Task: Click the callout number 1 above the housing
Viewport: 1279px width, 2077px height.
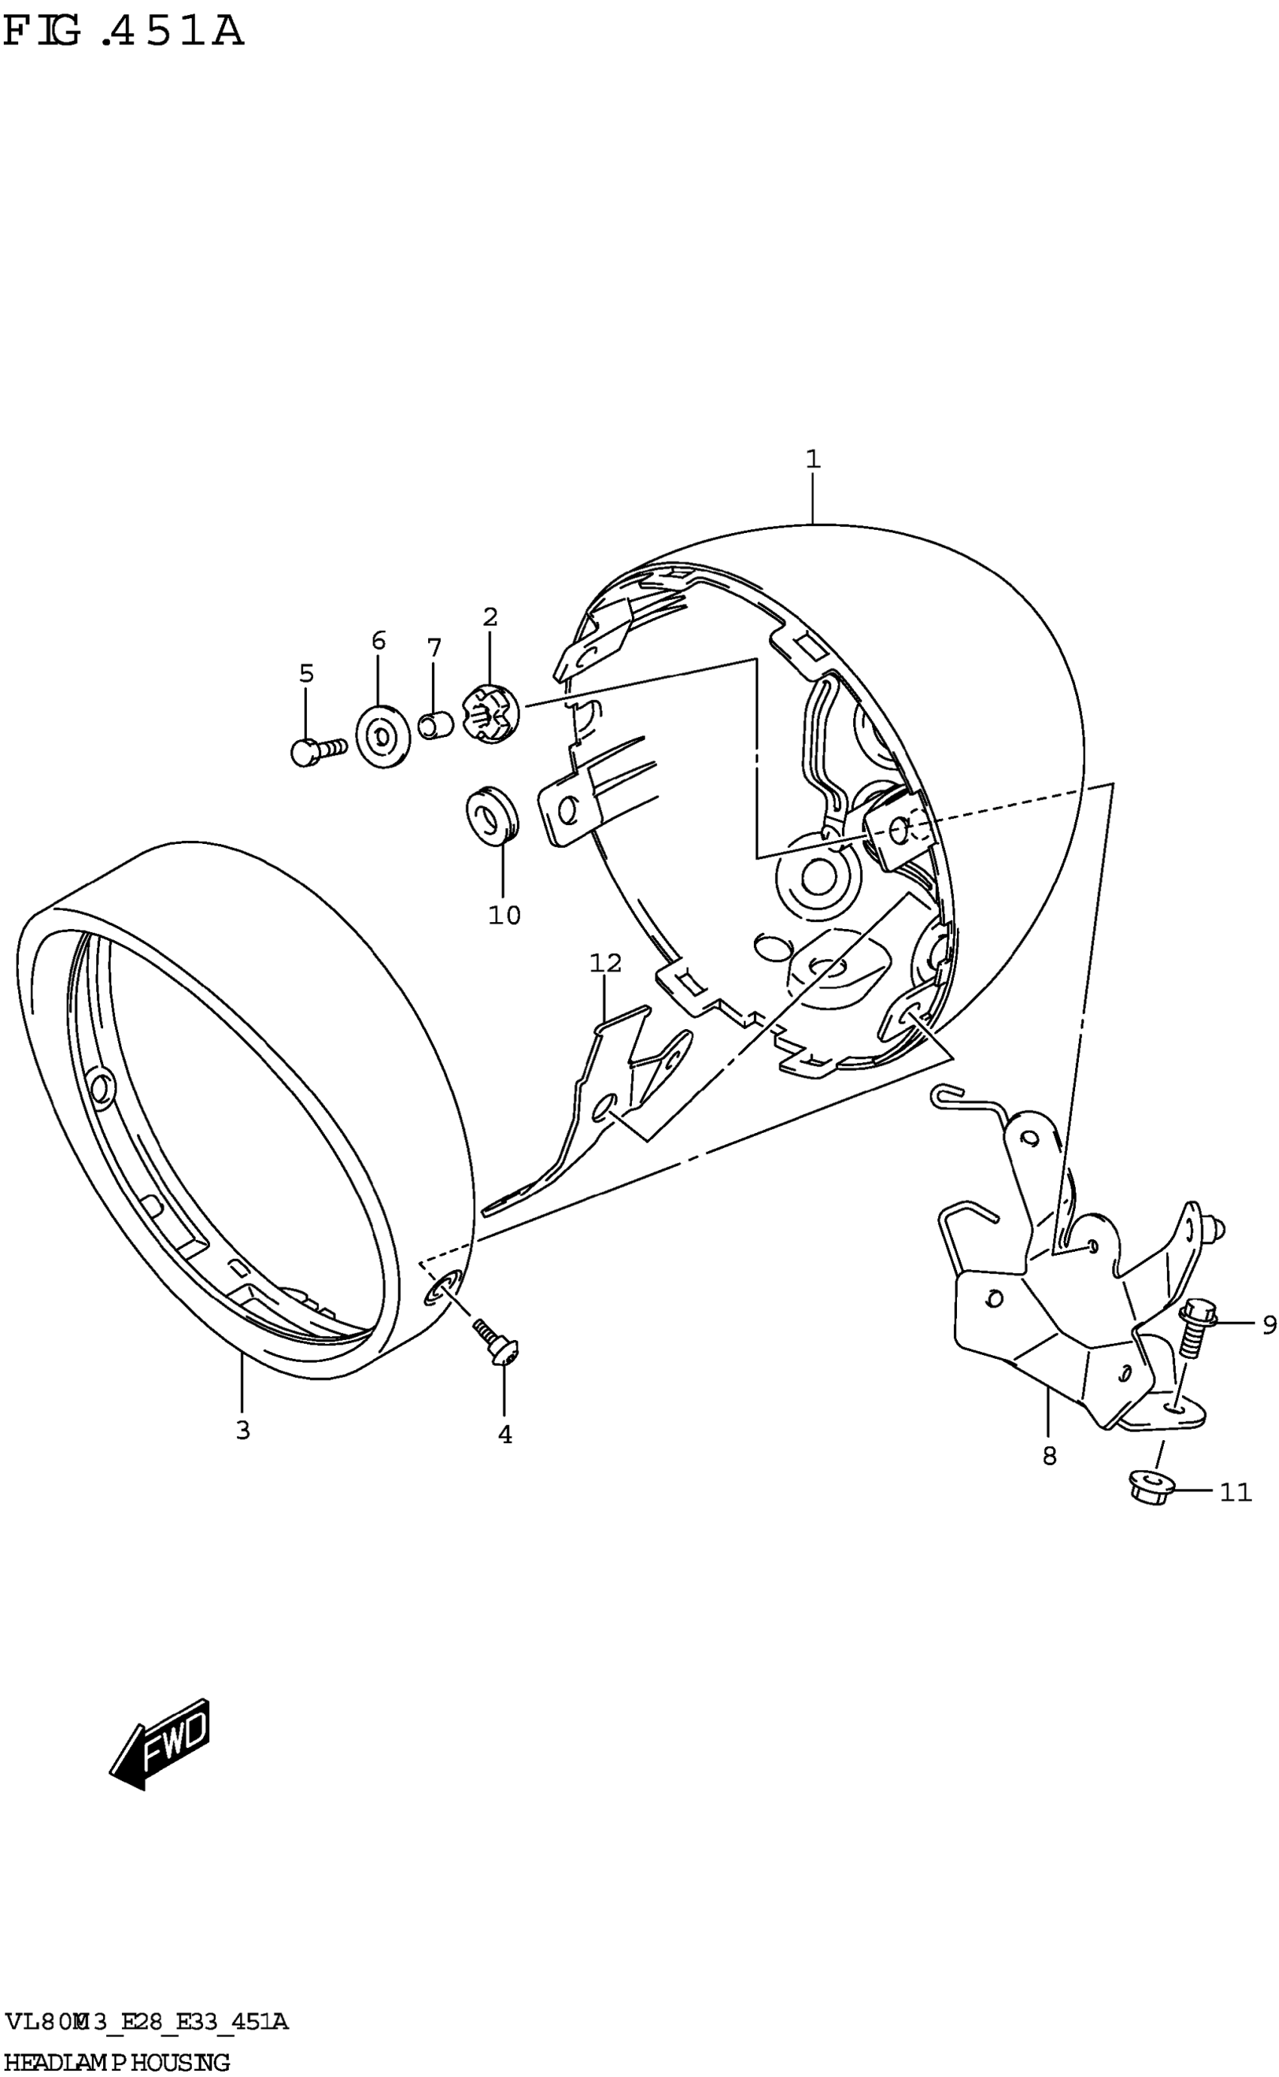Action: [812, 459]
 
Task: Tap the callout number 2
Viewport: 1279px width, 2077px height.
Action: [491, 617]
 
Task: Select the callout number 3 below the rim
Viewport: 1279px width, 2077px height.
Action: [243, 1430]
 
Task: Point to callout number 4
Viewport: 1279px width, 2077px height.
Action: [505, 1435]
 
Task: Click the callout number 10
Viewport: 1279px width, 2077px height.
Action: [504, 915]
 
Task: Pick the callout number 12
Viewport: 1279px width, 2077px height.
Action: [606, 963]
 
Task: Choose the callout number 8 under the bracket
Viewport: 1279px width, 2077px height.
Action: [1049, 1456]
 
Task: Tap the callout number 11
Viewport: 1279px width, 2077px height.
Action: [1235, 1491]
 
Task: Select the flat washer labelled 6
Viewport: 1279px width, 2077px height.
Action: [382, 736]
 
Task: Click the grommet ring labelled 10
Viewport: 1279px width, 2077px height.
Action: [493, 815]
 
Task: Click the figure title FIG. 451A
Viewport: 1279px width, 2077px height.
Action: [123, 32]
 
